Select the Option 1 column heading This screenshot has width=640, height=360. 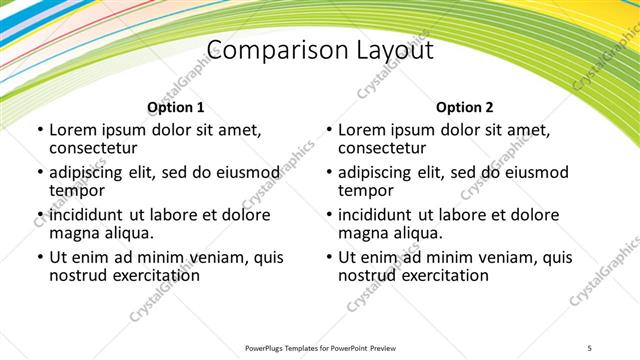(x=176, y=107)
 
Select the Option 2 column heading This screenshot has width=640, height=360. (x=465, y=107)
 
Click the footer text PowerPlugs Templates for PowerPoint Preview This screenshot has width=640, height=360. (x=319, y=347)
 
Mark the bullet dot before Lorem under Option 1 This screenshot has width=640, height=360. (x=39, y=130)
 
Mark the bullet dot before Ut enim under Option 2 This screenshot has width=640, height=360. (x=328, y=257)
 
